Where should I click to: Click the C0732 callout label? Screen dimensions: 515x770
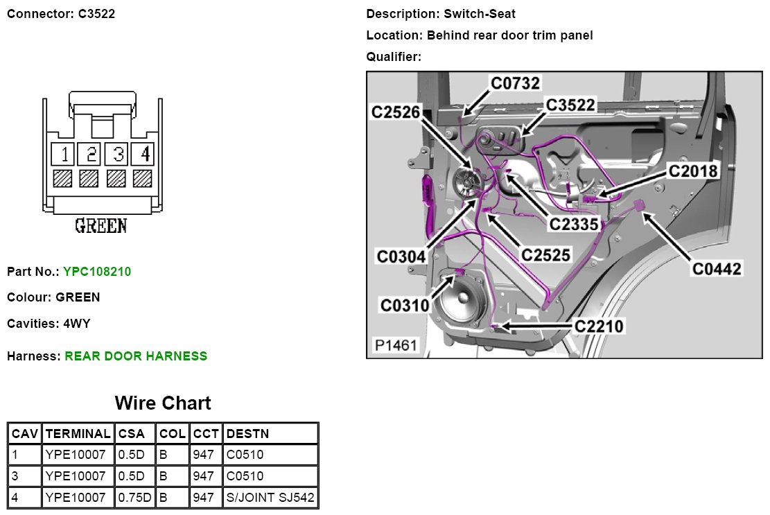[515, 83]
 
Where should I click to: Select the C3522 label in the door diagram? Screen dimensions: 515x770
[570, 105]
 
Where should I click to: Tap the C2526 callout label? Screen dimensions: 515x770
[396, 112]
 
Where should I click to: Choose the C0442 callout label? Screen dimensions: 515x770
[717, 268]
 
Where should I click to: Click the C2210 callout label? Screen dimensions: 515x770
[599, 325]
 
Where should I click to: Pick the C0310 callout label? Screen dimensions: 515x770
[405, 304]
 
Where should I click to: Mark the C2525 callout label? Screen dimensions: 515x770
[546, 255]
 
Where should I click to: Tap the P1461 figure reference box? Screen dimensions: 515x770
[396, 344]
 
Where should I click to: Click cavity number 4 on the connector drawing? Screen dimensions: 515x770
[145, 153]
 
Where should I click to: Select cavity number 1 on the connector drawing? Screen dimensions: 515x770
[64, 153]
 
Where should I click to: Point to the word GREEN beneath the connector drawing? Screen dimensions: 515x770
[100, 226]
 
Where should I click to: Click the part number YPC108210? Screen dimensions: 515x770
[97, 272]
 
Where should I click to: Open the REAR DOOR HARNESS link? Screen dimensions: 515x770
[136, 356]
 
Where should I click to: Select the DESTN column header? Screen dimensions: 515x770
[247, 434]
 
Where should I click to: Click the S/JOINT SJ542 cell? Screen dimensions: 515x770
[270, 498]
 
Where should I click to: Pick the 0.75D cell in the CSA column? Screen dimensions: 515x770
[134, 498]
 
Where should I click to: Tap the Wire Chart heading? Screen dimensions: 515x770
[163, 403]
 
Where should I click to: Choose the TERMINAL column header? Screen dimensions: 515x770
[78, 434]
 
